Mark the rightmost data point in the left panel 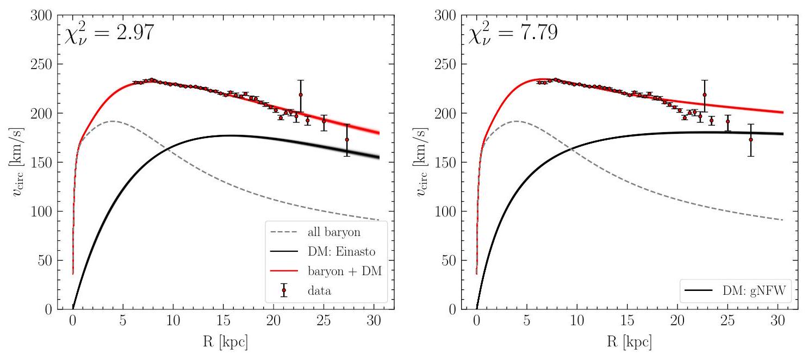click(x=347, y=140)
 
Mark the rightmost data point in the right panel click(x=750, y=140)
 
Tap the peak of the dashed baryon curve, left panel click(x=113, y=121)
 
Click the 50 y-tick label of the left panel click(x=43, y=260)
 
